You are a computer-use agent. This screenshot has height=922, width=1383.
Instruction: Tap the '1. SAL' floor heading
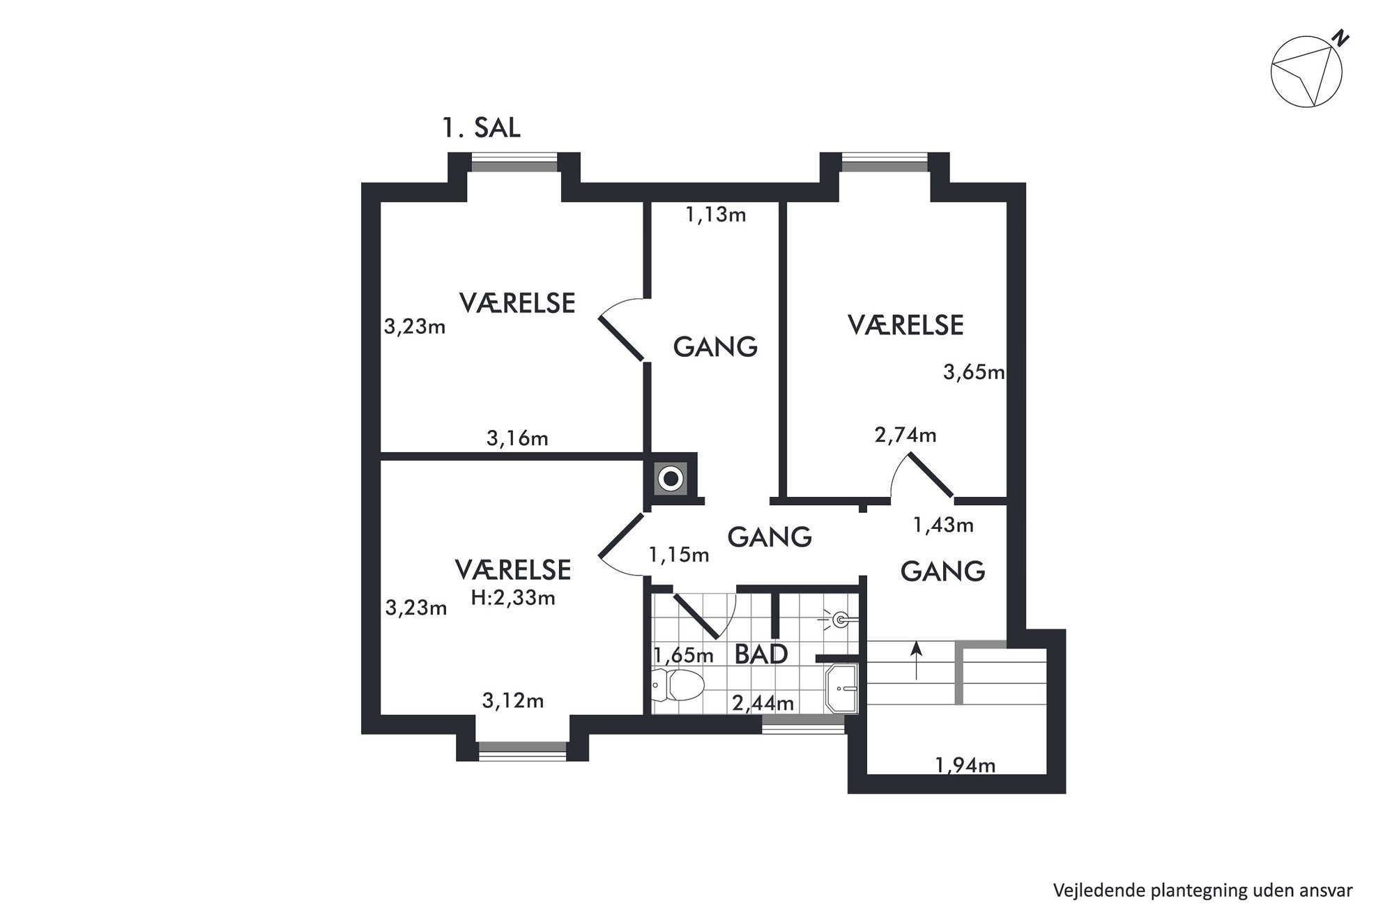coord(481,128)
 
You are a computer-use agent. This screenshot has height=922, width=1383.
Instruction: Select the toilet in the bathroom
coord(678,685)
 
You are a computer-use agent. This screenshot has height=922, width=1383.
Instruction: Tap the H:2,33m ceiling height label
coord(513,597)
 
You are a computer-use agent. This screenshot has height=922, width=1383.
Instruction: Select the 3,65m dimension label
coord(974,372)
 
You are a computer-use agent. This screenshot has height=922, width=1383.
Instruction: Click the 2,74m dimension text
coord(906,436)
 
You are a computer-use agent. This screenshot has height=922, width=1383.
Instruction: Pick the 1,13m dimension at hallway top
coord(716,215)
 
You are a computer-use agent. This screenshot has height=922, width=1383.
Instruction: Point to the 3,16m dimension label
coord(517,438)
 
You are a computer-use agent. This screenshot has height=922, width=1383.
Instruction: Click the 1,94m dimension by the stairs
coord(965,765)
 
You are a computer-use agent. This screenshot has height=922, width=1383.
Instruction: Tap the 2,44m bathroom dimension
coord(763,703)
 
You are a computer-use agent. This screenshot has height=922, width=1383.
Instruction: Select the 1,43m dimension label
coord(943,525)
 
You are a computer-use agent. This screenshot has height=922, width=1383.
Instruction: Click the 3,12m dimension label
coord(513,700)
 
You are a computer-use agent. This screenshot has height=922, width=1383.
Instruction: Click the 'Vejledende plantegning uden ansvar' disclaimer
coord(1203,891)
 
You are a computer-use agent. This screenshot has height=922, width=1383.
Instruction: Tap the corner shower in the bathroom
coord(842,689)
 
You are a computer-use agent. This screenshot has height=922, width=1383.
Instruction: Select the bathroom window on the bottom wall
coord(803,728)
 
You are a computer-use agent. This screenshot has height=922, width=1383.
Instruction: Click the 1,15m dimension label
coord(679,555)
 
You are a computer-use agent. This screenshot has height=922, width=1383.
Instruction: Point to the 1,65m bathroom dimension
coord(683,655)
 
